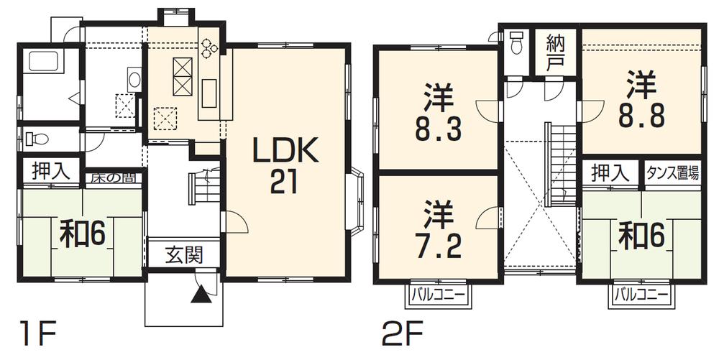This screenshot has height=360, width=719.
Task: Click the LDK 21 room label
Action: point(283,165)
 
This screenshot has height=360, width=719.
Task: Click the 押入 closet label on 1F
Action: point(50,171)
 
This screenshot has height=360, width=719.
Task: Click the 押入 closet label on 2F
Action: point(610,172)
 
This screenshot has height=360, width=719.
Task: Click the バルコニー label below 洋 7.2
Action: point(438,293)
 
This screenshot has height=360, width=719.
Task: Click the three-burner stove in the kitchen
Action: point(209,47)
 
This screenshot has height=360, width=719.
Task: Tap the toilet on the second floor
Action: point(515,45)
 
